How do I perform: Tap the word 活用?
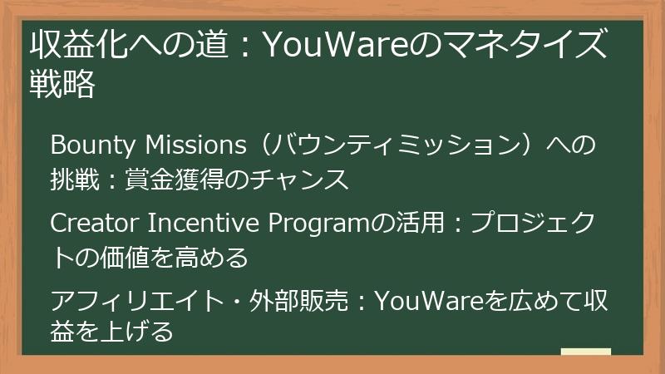419,224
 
